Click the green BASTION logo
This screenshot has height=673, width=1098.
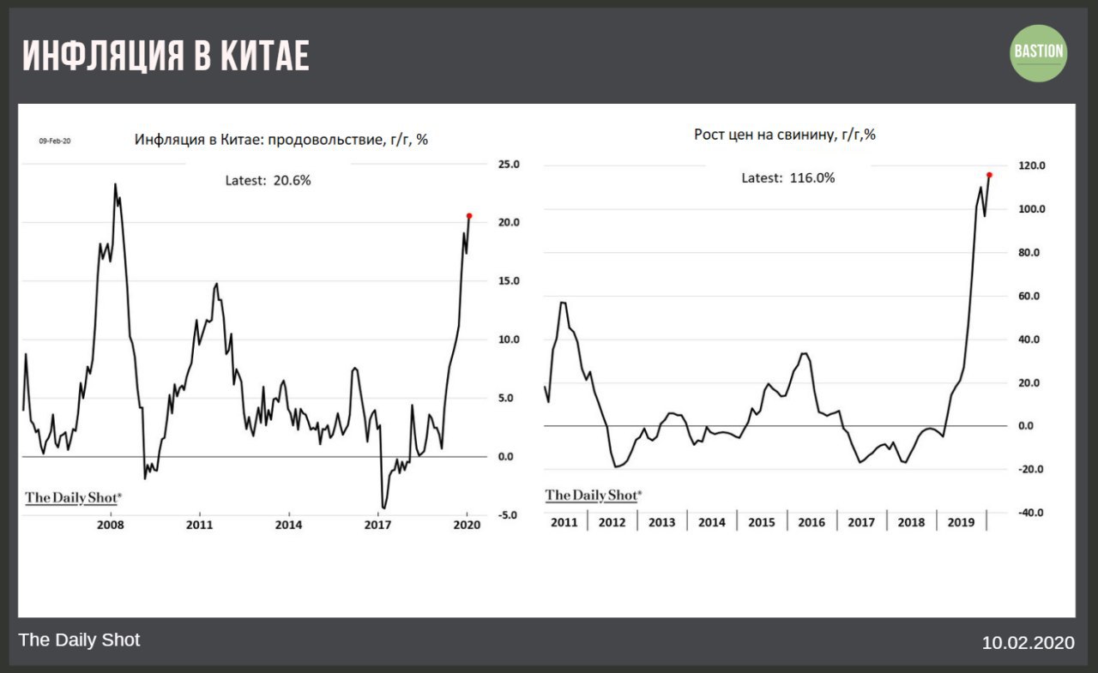[1039, 52]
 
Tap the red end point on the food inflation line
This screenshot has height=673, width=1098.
[469, 215]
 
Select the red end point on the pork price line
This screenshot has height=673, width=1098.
[989, 175]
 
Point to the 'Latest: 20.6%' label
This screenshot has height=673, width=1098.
[268, 181]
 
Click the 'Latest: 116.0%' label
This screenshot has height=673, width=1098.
[787, 178]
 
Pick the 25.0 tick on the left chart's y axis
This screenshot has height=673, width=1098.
[510, 164]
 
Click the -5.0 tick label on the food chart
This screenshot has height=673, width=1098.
[509, 515]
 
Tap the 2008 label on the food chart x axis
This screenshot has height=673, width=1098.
[111, 524]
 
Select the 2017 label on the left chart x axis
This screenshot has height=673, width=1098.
[378, 524]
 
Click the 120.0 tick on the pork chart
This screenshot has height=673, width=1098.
[1029, 166]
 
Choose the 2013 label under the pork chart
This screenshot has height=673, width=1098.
[661, 522]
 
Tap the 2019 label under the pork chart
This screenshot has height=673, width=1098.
[961, 522]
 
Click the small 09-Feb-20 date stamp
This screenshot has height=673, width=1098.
[55, 141]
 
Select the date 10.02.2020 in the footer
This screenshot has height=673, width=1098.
[1028, 642]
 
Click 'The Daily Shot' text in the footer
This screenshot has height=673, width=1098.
[79, 640]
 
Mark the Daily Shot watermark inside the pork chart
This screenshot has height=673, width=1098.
[594, 496]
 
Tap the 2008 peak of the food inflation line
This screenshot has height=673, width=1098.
[115, 184]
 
